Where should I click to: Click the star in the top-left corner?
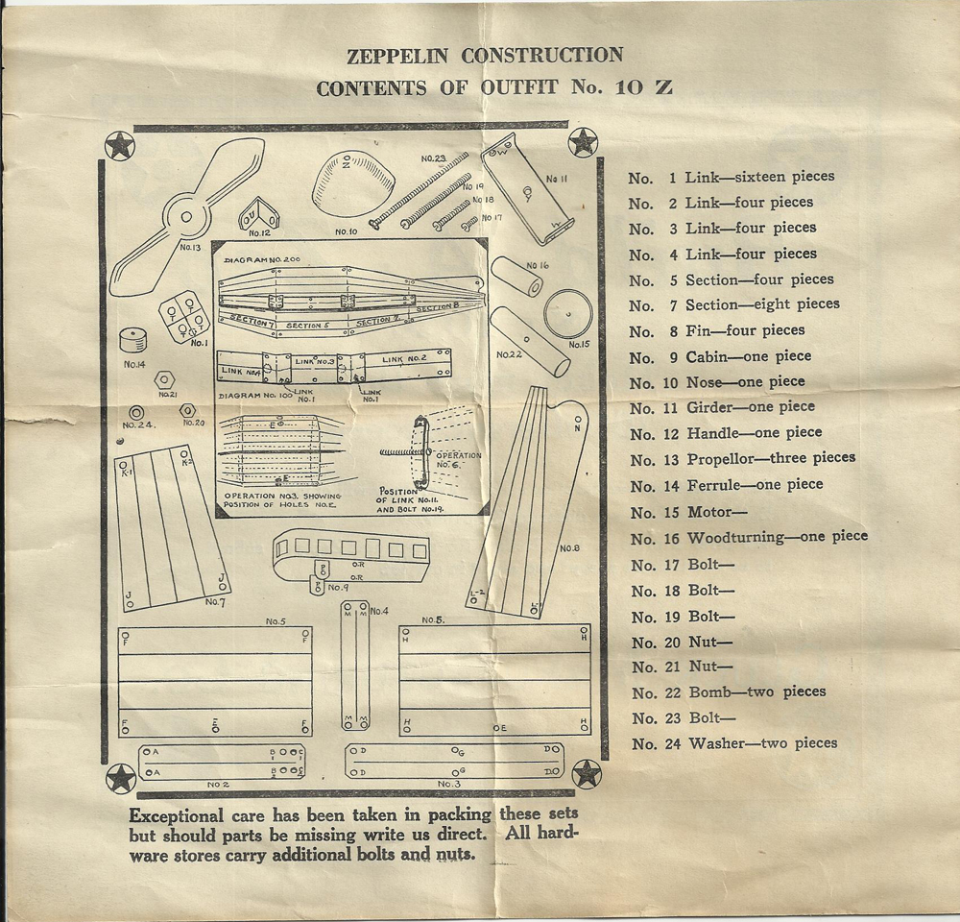point(119,146)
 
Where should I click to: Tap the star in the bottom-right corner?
point(586,774)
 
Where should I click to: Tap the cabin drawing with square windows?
point(350,555)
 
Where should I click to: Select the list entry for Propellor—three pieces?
point(741,458)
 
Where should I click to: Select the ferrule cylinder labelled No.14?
point(134,341)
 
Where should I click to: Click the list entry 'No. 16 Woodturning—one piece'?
point(748,536)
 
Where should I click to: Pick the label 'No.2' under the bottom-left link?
point(218,785)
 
